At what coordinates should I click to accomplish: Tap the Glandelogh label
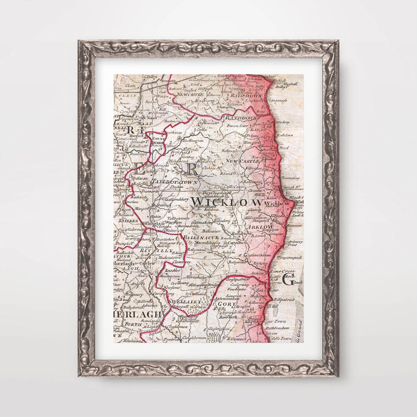click(217, 196)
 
